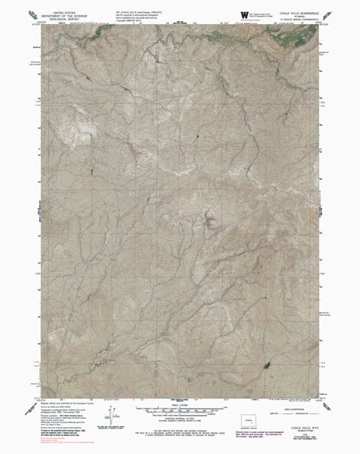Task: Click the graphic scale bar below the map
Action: (x=180, y=412)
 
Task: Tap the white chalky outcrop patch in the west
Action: (x=64, y=131)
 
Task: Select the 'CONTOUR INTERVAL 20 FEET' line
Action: (x=180, y=424)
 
